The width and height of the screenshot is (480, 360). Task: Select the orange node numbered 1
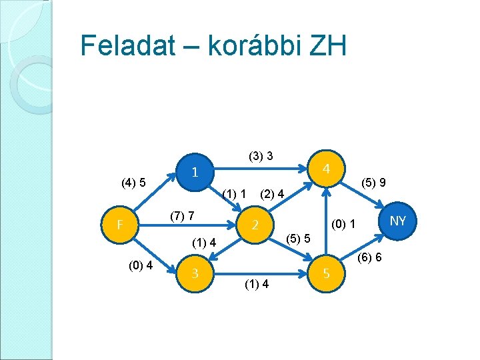(194, 172)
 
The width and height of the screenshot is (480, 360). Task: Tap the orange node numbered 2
(255, 225)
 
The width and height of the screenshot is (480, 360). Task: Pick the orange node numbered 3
(194, 273)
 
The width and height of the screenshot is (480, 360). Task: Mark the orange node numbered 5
(327, 273)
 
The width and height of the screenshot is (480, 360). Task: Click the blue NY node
(398, 220)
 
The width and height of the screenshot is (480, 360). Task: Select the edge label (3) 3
(260, 157)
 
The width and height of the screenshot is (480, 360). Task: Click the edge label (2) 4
(273, 195)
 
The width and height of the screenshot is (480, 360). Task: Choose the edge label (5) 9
(375, 181)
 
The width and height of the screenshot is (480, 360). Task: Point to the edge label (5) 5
(298, 237)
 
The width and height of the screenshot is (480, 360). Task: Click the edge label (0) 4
(141, 265)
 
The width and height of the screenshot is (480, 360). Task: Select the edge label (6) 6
(369, 257)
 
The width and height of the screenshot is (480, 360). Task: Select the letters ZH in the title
(327, 46)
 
